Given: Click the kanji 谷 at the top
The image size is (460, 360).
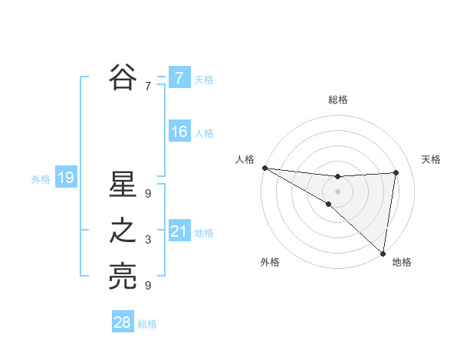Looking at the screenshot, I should (123, 77).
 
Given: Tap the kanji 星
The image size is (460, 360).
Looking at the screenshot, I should (123, 186).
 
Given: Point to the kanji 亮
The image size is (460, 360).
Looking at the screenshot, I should (123, 277).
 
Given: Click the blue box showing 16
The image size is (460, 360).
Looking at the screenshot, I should (179, 132).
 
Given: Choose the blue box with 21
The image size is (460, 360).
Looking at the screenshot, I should (179, 231).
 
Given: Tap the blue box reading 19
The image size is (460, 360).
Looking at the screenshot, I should (65, 178).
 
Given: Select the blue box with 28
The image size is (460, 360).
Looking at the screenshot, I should (123, 322).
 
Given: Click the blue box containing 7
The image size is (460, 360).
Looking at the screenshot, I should (179, 77).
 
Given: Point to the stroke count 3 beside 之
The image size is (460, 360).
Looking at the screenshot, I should (148, 241).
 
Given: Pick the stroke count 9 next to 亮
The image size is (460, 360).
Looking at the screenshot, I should (148, 286).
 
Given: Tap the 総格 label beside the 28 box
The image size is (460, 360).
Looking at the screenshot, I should (147, 324).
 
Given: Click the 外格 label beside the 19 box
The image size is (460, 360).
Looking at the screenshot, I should (41, 179).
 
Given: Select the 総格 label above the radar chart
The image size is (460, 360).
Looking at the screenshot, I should (338, 100).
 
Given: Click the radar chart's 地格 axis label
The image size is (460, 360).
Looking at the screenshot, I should (402, 263).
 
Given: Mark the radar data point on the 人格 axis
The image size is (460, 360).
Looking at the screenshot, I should (264, 168).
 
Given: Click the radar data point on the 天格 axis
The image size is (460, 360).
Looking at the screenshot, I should (396, 172).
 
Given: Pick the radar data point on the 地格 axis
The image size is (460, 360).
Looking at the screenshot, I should (382, 253).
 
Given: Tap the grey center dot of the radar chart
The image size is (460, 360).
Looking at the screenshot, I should (337, 190).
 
